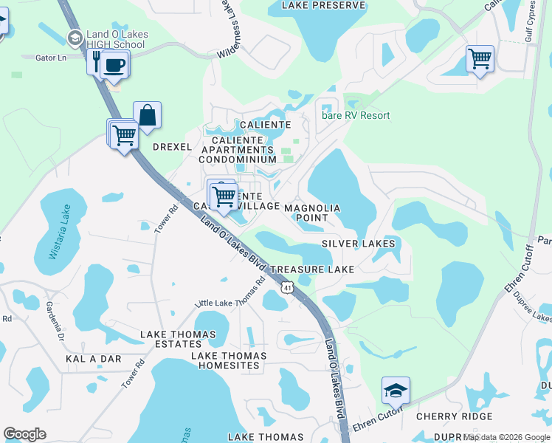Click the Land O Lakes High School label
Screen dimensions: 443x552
(118, 39)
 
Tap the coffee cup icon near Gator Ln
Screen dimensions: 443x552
(113, 65)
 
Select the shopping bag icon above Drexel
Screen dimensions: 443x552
(147, 116)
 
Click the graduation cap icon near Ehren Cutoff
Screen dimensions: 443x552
(396, 390)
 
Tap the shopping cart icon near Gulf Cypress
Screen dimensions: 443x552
(480, 58)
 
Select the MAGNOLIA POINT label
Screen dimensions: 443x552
(312, 213)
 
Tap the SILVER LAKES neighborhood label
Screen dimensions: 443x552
(358, 244)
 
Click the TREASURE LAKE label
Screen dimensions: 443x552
(312, 270)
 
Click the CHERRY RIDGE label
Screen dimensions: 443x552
(454, 416)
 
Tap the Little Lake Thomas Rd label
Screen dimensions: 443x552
(230, 294)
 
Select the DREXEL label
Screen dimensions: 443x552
(172, 147)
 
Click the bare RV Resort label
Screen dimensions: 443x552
(355, 115)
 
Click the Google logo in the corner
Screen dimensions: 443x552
(24, 434)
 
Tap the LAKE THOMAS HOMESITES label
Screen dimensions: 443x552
(229, 356)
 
